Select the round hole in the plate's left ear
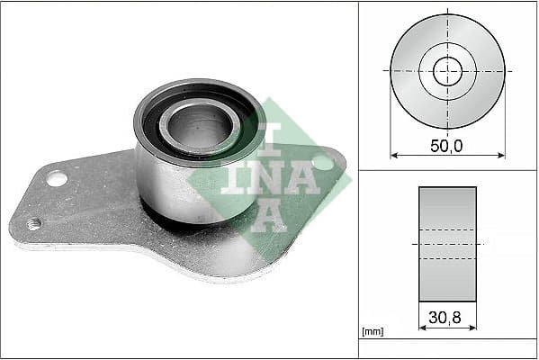(56, 178)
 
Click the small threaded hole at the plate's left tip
(34, 223)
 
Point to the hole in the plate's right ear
(322, 163)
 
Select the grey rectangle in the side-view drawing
(447, 243)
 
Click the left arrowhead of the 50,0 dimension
(393, 155)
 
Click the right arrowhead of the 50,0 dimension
(501, 155)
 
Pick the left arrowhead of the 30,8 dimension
(422, 328)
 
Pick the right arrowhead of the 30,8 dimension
(473, 328)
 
